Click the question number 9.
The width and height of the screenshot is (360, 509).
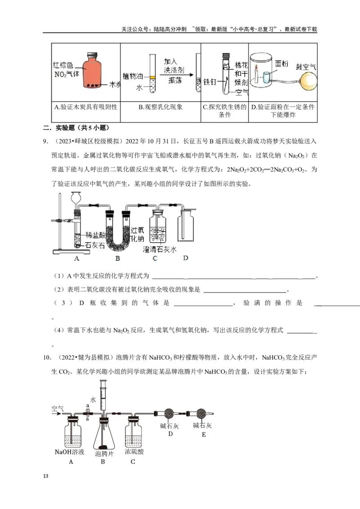tap(45, 142)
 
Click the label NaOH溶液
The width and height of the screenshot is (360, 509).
tap(70, 452)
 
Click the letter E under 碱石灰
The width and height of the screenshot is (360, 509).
tap(203, 434)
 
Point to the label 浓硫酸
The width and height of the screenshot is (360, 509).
tap(134, 452)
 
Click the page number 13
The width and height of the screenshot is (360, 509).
tap(45, 476)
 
